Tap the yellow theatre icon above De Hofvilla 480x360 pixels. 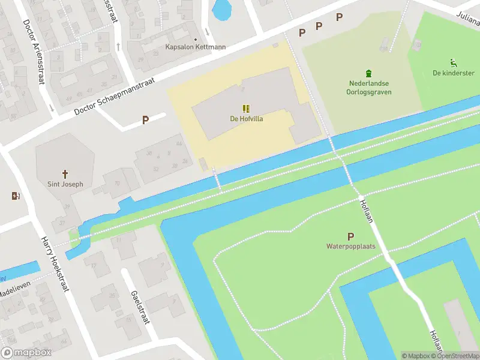246,109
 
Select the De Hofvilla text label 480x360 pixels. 247,119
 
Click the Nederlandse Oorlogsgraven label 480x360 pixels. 369,88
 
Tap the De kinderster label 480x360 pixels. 453,73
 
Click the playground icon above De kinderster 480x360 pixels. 453,62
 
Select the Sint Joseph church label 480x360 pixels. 65,184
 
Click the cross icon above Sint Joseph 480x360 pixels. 65,173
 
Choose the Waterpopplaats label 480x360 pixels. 351,246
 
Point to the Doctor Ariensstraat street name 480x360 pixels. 34,52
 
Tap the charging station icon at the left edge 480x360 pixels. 15,196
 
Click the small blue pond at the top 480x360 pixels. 221,8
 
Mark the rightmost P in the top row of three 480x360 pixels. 339,17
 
